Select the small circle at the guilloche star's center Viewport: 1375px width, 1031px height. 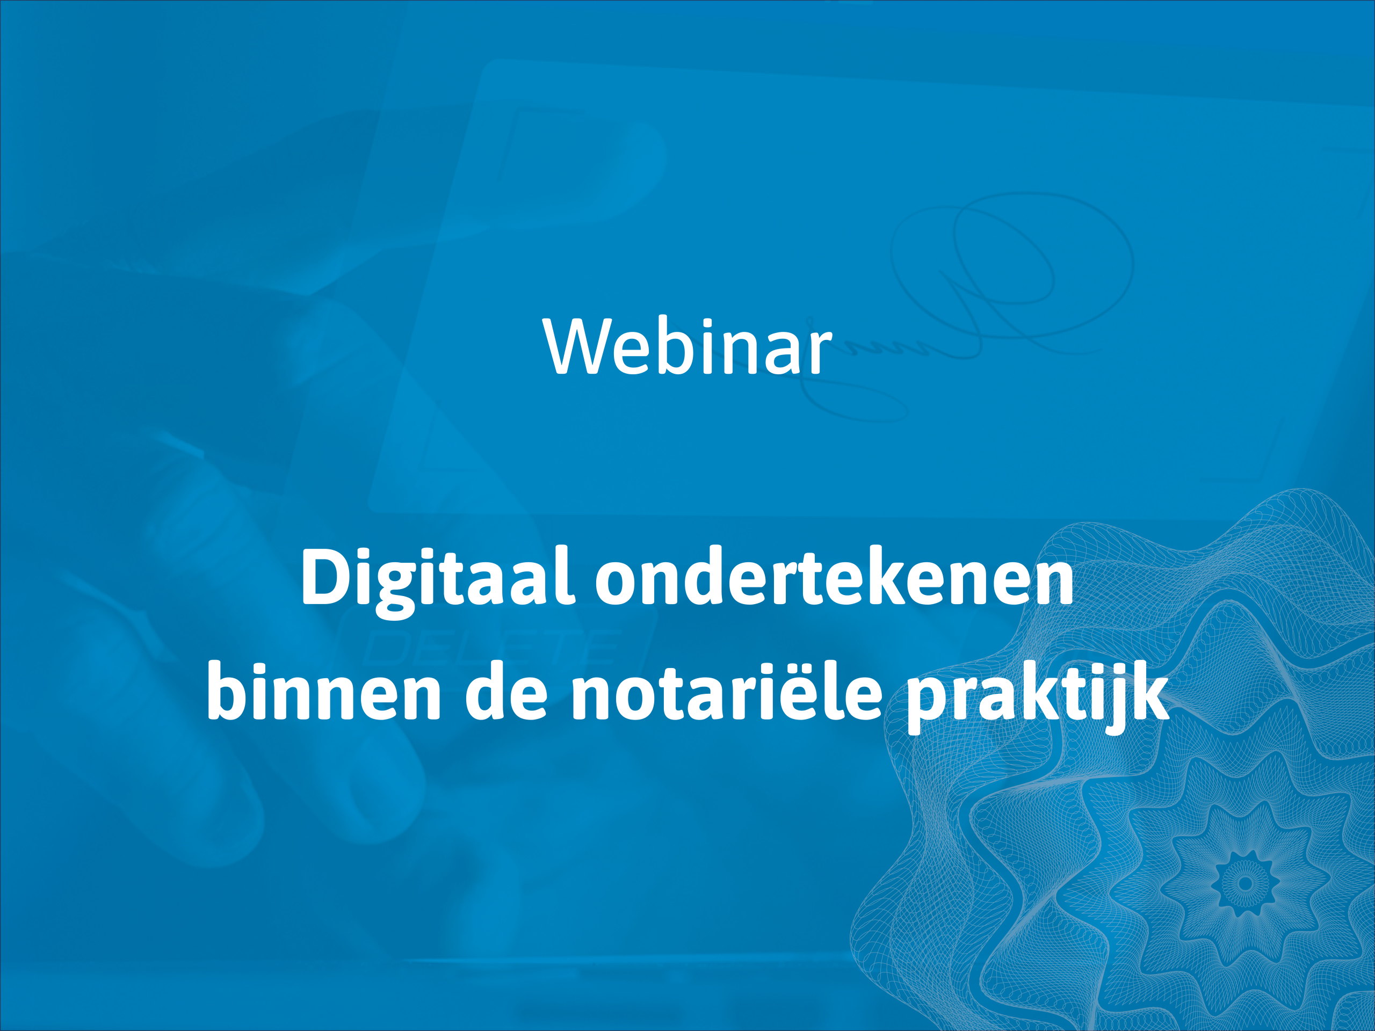[x=1245, y=883]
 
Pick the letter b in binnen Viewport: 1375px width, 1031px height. [x=230, y=691]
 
